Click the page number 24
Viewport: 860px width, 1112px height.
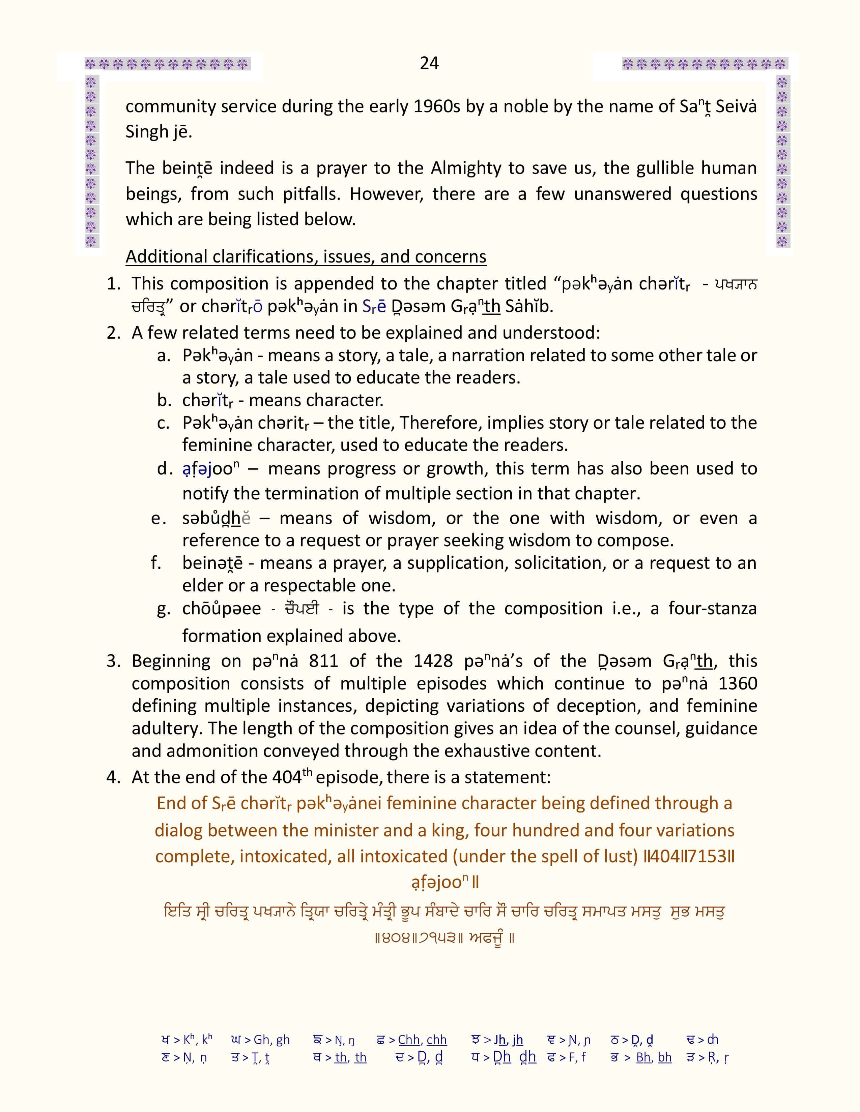429,63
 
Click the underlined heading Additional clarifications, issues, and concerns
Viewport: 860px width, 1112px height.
306,257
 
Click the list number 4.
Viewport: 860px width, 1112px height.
113,777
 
